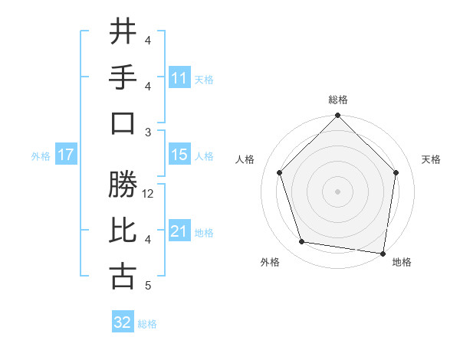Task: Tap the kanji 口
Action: click(123, 123)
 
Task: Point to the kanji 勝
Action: click(123, 185)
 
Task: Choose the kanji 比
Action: click(123, 231)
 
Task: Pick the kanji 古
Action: click(123, 277)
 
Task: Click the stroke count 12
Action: click(149, 194)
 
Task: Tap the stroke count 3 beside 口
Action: click(147, 133)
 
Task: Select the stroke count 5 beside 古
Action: click(147, 286)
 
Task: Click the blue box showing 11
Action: click(179, 77)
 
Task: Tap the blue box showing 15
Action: click(179, 154)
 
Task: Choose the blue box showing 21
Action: click(179, 231)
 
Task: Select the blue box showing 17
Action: click(66, 154)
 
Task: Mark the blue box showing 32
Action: click(123, 322)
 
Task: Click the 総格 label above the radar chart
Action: click(338, 100)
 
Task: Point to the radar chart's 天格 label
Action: click(432, 159)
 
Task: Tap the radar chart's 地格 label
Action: click(402, 262)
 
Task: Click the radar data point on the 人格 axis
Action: click(280, 172)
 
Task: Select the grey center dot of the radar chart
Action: click(338, 191)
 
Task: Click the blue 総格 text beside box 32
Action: click(147, 324)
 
